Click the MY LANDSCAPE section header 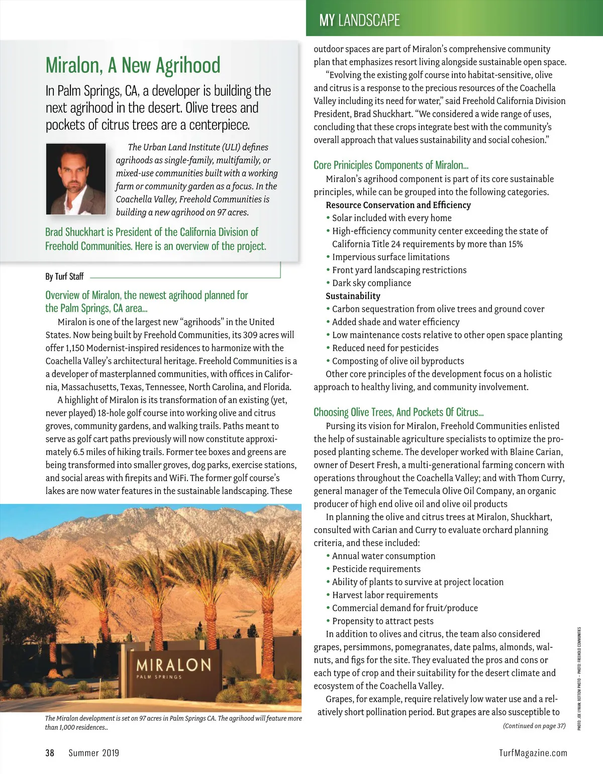pyautogui.click(x=359, y=20)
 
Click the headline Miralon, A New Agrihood pyautogui.click(x=133, y=65)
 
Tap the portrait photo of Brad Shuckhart pyautogui.click(x=76, y=179)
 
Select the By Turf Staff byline pyautogui.click(x=64, y=276)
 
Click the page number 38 pyautogui.click(x=50, y=752)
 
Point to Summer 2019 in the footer pyautogui.click(x=94, y=752)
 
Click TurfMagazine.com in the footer pyautogui.click(x=533, y=752)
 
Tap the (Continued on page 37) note pyautogui.click(x=534, y=726)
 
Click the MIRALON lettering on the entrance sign pyautogui.click(x=173, y=665)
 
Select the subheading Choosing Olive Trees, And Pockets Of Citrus pyautogui.click(x=398, y=412)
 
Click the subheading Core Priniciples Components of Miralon pyautogui.click(x=391, y=165)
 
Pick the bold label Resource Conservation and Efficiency pyautogui.click(x=398, y=205)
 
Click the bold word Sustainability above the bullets pyautogui.click(x=353, y=296)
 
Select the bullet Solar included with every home pyautogui.click(x=391, y=218)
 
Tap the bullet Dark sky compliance pyautogui.click(x=371, y=283)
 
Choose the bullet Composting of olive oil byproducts pyautogui.click(x=397, y=361)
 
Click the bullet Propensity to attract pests pyautogui.click(x=382, y=621)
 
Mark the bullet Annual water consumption pyautogui.click(x=383, y=556)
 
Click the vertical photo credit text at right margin pyautogui.click(x=579, y=679)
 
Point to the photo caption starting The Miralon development pyautogui.click(x=173, y=722)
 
